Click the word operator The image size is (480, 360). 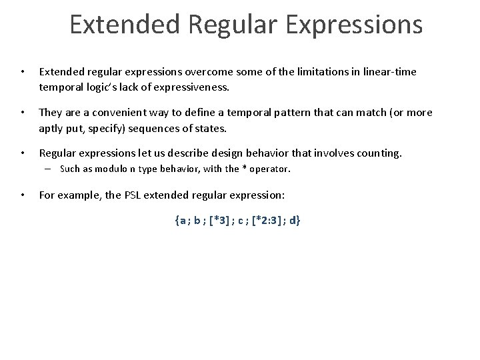(270, 169)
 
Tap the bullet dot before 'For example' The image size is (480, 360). (23, 195)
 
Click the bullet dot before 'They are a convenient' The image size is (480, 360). (23, 112)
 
